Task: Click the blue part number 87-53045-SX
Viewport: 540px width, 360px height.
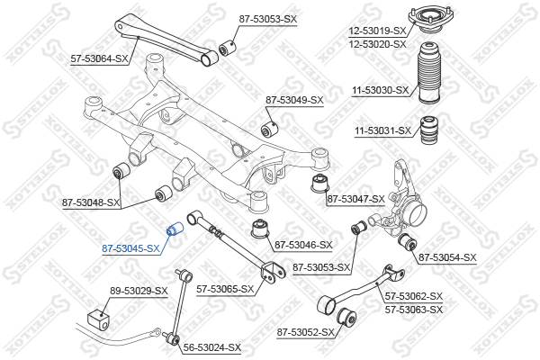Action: (x=130, y=248)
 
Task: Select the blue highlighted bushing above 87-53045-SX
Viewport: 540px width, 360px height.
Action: (x=175, y=229)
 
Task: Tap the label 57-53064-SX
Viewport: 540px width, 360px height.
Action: (x=99, y=58)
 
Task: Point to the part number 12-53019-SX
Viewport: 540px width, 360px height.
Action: (x=377, y=31)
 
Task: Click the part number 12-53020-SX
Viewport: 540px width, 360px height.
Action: (x=377, y=44)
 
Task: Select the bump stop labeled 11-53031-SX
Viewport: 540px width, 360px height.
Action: (x=429, y=132)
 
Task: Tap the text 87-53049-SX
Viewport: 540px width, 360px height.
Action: (x=294, y=100)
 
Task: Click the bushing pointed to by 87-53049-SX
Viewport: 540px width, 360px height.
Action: (x=270, y=129)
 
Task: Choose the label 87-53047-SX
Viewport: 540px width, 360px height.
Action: (x=355, y=199)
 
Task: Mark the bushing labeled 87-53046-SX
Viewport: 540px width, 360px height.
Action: (x=260, y=228)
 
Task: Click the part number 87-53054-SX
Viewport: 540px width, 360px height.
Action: (x=447, y=257)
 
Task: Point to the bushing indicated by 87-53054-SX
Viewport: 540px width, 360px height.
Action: (x=408, y=242)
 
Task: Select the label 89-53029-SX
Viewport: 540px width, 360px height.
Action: (x=139, y=291)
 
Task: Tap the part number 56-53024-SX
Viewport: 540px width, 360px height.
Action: (x=212, y=347)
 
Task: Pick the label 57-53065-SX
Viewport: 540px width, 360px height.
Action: (x=225, y=290)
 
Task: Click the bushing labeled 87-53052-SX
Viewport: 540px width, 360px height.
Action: (x=346, y=317)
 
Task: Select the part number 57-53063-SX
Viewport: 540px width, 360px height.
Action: (x=414, y=310)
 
